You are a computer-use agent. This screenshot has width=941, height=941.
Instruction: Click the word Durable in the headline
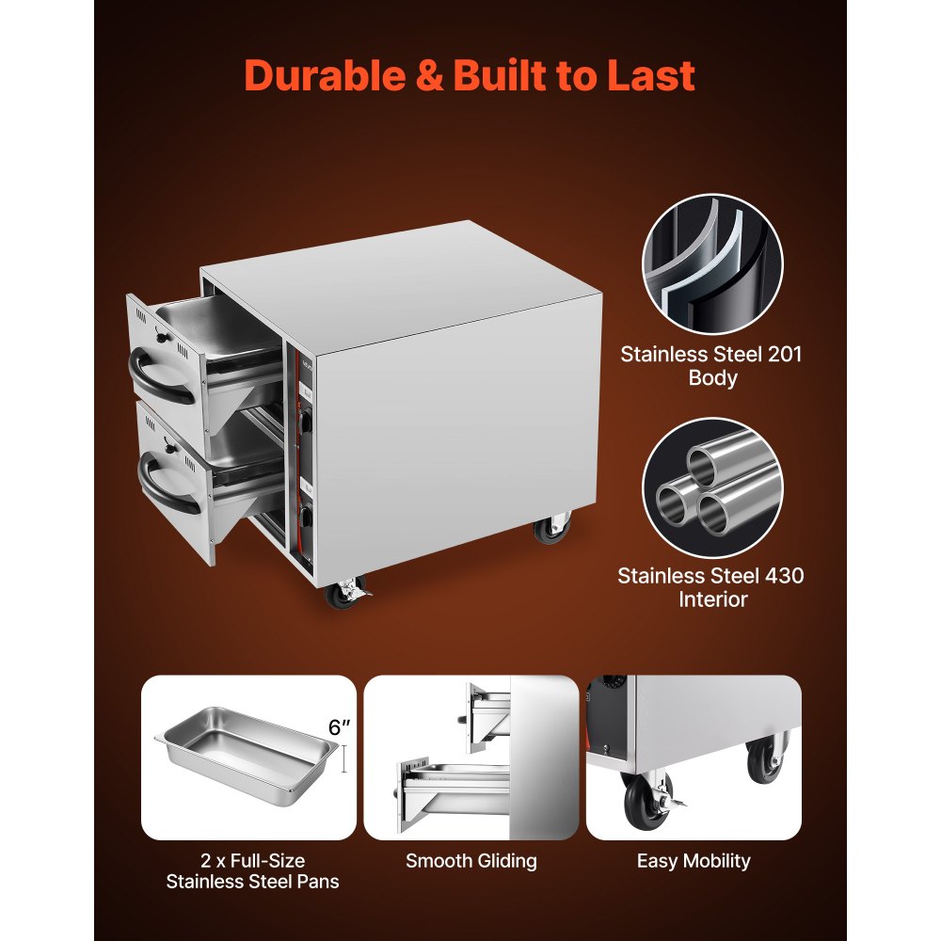pos(325,75)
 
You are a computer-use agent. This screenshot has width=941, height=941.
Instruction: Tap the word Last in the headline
pos(651,75)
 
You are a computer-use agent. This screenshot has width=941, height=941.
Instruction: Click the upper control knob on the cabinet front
pos(306,419)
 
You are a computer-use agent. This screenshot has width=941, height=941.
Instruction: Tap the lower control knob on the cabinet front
pos(306,517)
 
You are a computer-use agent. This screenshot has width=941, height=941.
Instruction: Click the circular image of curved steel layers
pos(712,263)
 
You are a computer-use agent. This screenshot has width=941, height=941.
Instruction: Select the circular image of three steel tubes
pos(712,487)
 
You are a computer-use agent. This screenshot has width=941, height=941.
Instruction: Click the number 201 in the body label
pos(785,354)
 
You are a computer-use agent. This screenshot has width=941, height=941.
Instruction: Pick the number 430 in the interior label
pos(784,576)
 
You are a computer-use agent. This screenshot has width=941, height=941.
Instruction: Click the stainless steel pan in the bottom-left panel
pos(247,755)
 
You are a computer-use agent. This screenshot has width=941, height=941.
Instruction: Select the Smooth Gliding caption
pos(471,861)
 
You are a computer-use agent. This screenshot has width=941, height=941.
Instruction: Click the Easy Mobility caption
pos(694,861)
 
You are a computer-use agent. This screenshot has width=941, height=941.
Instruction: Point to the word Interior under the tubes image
pos(713,598)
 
